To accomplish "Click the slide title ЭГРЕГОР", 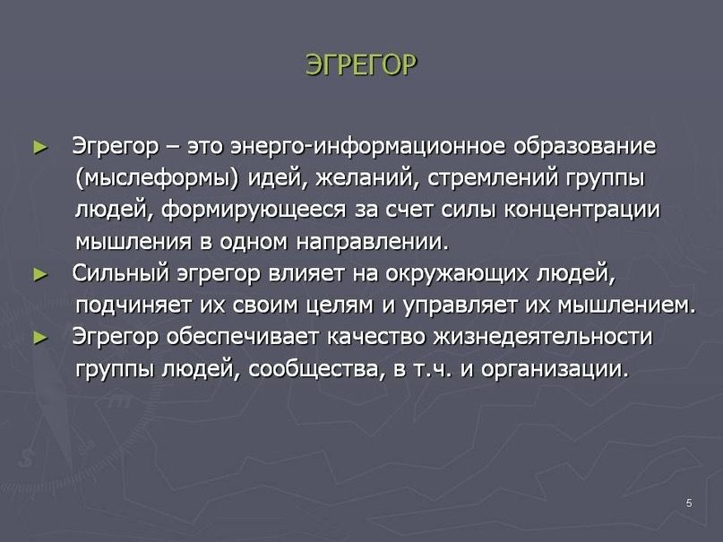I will pyautogui.click(x=361, y=65).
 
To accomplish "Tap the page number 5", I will pyautogui.click(x=689, y=503).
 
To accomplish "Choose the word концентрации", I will pyautogui.click(x=583, y=211).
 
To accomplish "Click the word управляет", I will pyautogui.click(x=459, y=305).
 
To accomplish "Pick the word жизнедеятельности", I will pyautogui.click(x=543, y=338).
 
